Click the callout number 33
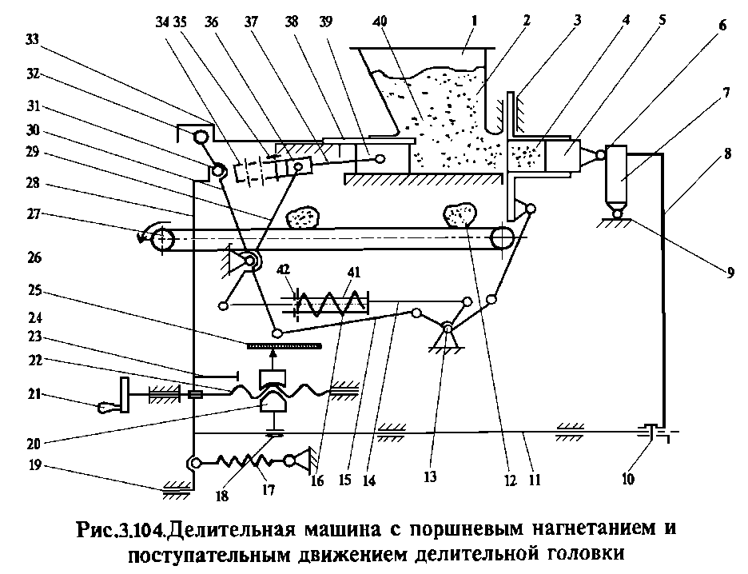33,40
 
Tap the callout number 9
730,273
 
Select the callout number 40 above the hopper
380,22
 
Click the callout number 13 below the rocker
430,477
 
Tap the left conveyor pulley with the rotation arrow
162,237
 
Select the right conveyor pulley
503,237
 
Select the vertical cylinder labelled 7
617,173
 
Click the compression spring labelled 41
331,303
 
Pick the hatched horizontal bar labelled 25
284,345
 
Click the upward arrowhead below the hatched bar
273,353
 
